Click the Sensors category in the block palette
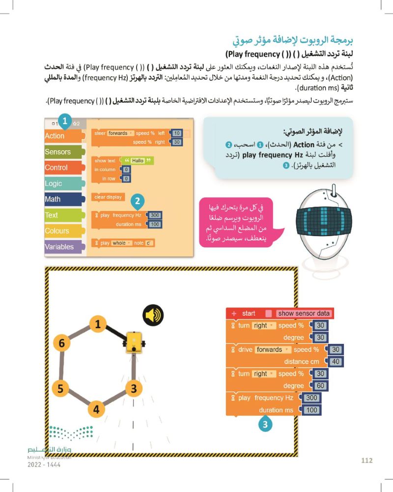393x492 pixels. (58, 152)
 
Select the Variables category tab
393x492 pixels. (59, 246)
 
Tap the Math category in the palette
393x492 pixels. (53, 199)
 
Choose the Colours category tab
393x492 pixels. (57, 231)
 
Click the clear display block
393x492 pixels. (108, 197)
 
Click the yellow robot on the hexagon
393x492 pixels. (134, 341)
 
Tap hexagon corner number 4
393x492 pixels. (96, 409)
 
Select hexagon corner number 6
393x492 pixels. (61, 344)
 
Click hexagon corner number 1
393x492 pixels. (98, 324)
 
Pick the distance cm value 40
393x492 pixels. (336, 362)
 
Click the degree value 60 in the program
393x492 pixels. (320, 386)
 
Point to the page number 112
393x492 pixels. (366, 461)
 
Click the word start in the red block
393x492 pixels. (249, 313)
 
